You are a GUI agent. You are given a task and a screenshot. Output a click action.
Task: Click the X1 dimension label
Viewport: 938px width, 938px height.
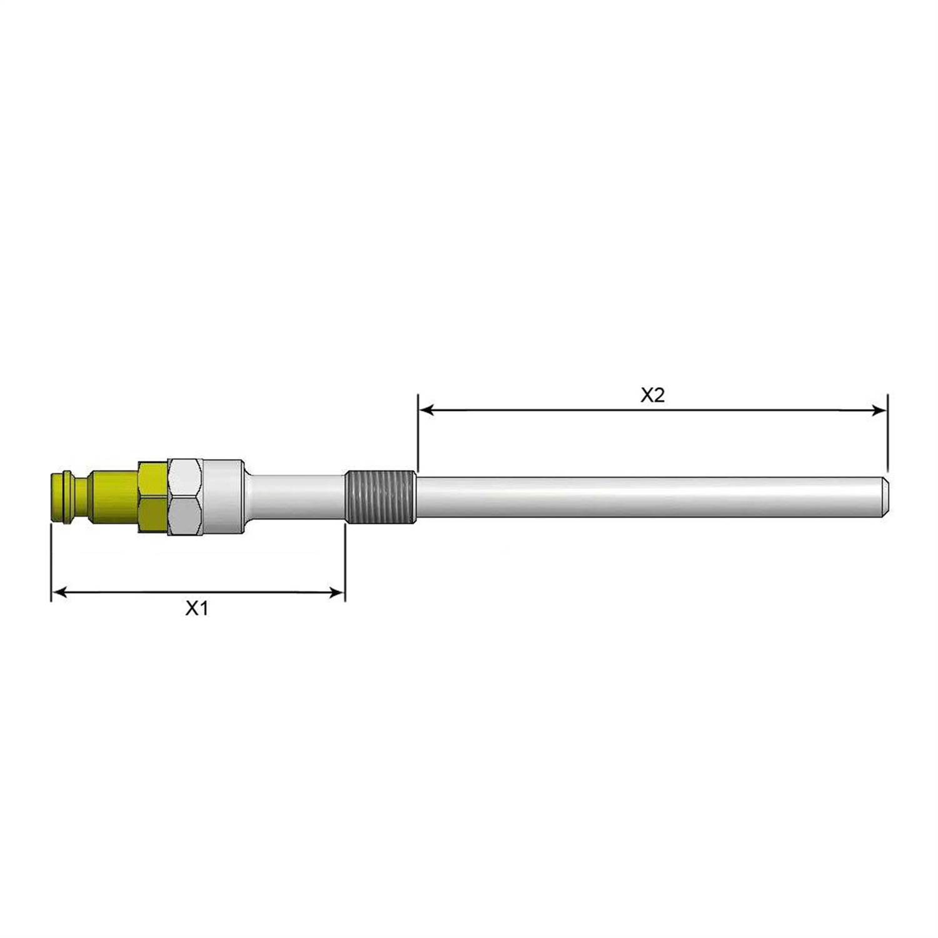click(196, 608)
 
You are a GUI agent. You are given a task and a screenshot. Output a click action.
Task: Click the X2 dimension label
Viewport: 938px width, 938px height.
click(652, 395)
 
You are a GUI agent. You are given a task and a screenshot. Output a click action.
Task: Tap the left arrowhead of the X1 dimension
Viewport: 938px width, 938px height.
click(59, 592)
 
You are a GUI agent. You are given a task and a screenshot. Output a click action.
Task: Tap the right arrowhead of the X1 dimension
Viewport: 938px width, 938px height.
click(336, 592)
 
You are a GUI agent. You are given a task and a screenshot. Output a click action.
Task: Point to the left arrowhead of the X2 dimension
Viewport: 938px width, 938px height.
click(426, 410)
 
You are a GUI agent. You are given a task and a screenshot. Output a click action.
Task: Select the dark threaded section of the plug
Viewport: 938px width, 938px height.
click(380, 497)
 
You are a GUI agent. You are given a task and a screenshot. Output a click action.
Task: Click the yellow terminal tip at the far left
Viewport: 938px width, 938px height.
click(60, 497)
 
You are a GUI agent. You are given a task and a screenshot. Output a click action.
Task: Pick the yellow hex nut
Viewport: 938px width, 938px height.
click(153, 497)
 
